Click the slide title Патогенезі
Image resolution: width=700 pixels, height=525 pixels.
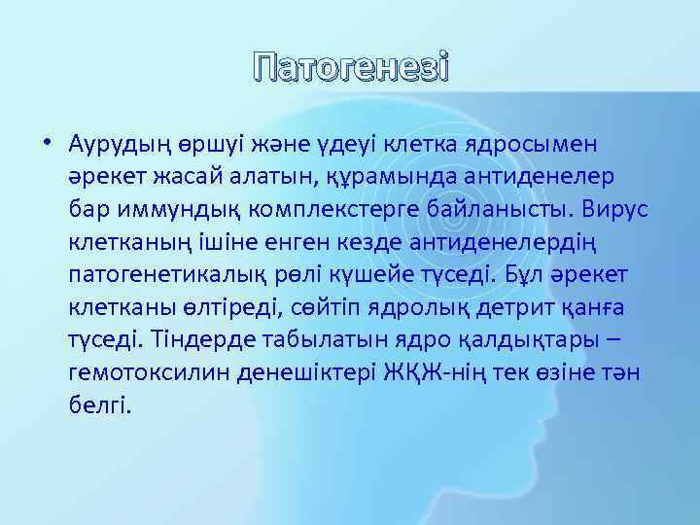tap(349, 70)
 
